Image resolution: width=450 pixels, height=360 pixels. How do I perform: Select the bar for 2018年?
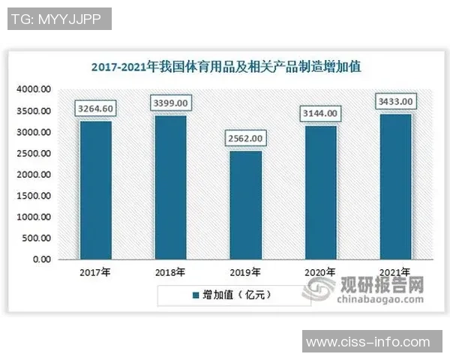point(170,187)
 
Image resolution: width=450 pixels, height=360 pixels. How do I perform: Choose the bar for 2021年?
point(395,186)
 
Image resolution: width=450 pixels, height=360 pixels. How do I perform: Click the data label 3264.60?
point(95,109)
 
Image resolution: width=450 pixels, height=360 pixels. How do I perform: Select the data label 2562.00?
point(245,139)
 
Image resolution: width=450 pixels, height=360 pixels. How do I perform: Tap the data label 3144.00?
point(320,113)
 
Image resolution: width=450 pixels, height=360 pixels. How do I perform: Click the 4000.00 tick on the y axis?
point(34,89)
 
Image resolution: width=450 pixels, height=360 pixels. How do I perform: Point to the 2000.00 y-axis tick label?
point(34,174)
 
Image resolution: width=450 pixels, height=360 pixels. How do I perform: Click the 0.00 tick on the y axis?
point(40,259)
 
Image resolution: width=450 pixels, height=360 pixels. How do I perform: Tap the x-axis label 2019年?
point(245,272)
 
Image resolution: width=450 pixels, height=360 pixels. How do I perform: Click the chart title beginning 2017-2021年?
point(226,67)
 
